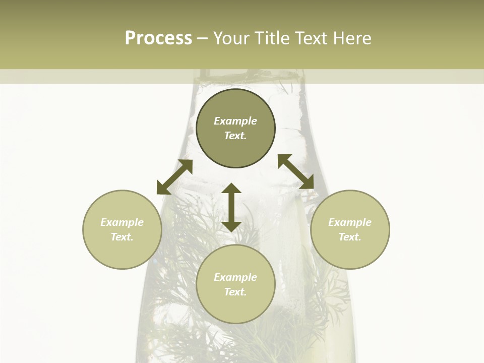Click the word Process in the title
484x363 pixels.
pos(158,38)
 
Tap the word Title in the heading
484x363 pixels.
pos(272,38)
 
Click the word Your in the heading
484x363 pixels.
pos(232,38)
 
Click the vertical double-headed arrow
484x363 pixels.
pos(231,207)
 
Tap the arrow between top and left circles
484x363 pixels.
pos(175,176)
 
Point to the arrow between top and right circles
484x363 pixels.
pos(295,171)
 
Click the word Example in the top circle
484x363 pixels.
pos(235,121)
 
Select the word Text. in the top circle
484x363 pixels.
pos(235,136)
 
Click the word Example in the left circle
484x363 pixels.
pos(122,222)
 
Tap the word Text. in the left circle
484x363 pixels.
pos(122,237)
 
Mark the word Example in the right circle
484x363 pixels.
pos(350,222)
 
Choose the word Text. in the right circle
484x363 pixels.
pos(350,237)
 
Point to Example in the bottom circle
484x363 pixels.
pos(235,277)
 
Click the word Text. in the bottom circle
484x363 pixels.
pos(235,292)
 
